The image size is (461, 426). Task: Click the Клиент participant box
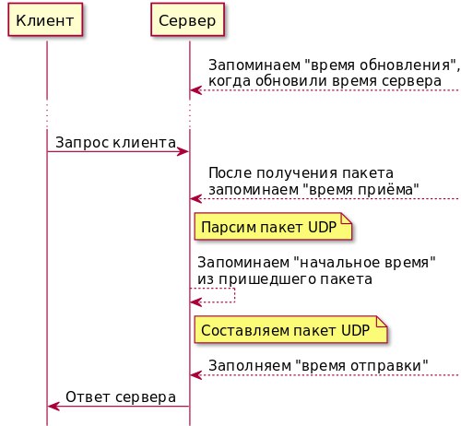click(45, 19)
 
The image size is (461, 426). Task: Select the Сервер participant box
click(187, 19)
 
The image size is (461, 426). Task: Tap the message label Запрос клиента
click(115, 143)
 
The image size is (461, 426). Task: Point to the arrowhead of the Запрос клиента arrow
click(183, 151)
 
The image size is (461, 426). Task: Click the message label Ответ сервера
click(121, 396)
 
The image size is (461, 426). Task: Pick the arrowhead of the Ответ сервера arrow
click(53, 407)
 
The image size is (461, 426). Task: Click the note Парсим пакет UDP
click(273, 227)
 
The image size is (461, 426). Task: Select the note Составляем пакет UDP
click(290, 330)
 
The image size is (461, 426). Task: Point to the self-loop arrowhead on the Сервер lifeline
click(196, 302)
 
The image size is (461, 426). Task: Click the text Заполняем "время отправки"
click(318, 366)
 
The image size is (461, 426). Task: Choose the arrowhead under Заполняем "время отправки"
click(196, 375)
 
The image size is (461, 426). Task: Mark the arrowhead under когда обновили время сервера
click(196, 90)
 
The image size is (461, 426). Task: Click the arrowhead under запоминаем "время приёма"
click(196, 199)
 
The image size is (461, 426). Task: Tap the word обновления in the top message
click(405, 65)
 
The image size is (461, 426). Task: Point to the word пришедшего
click(267, 279)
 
